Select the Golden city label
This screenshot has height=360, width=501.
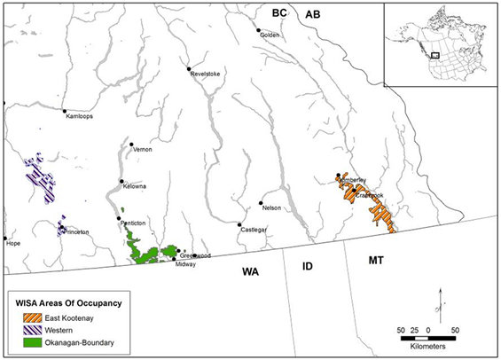click(x=270, y=35)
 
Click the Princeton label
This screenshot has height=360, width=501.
click(x=77, y=232)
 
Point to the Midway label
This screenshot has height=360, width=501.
click(x=185, y=264)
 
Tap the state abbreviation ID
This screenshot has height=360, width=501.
click(x=309, y=265)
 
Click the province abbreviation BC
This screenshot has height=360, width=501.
click(x=279, y=12)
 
